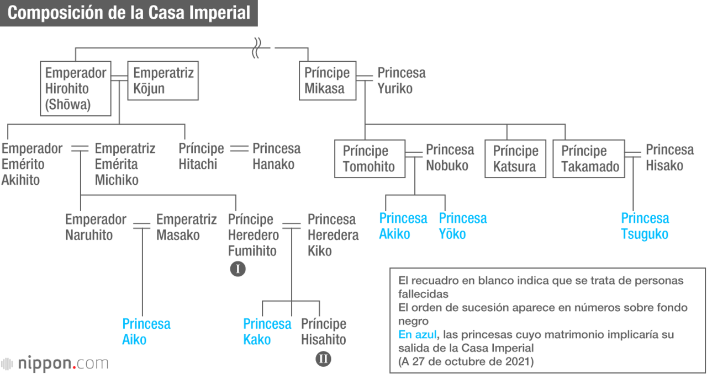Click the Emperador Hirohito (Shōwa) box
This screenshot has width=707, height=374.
tap(76, 89)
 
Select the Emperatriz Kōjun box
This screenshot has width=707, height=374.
tap(163, 81)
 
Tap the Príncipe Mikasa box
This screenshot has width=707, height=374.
tap(328, 81)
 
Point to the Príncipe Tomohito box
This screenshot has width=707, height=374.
tap(370, 159)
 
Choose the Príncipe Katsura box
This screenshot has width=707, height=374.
tap(515, 159)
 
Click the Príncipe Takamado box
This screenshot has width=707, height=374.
tap(589, 159)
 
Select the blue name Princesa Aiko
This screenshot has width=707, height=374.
tap(146, 332)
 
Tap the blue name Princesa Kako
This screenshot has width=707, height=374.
tap(267, 332)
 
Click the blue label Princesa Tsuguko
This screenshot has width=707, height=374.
tap(645, 226)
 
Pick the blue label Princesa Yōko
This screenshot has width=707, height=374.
tap(463, 226)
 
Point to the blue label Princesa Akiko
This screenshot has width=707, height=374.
tap(403, 226)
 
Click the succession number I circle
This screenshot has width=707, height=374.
tap(238, 269)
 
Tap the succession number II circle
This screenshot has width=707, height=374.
tap(323, 359)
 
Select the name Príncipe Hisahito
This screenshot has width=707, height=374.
tap(324, 332)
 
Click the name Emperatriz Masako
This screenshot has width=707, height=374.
tap(187, 227)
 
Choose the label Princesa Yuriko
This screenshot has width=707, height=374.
tap(402, 81)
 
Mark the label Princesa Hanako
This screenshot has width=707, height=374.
tap(277, 156)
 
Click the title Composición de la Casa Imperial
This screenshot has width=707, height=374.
tap(129, 13)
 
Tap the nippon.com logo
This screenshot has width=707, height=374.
tap(54, 364)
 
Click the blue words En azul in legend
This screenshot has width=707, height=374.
tap(417, 334)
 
